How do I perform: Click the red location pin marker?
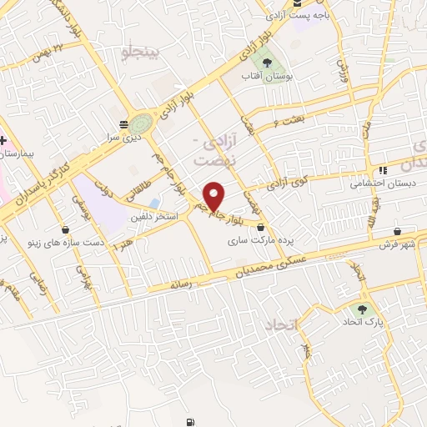click(215, 195)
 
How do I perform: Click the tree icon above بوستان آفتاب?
click(266, 62)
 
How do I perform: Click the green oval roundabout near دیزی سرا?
click(143, 125)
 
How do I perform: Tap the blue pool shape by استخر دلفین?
click(155, 203)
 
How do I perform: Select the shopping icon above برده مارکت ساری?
click(260, 226)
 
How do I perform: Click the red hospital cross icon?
click(4, 139)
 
